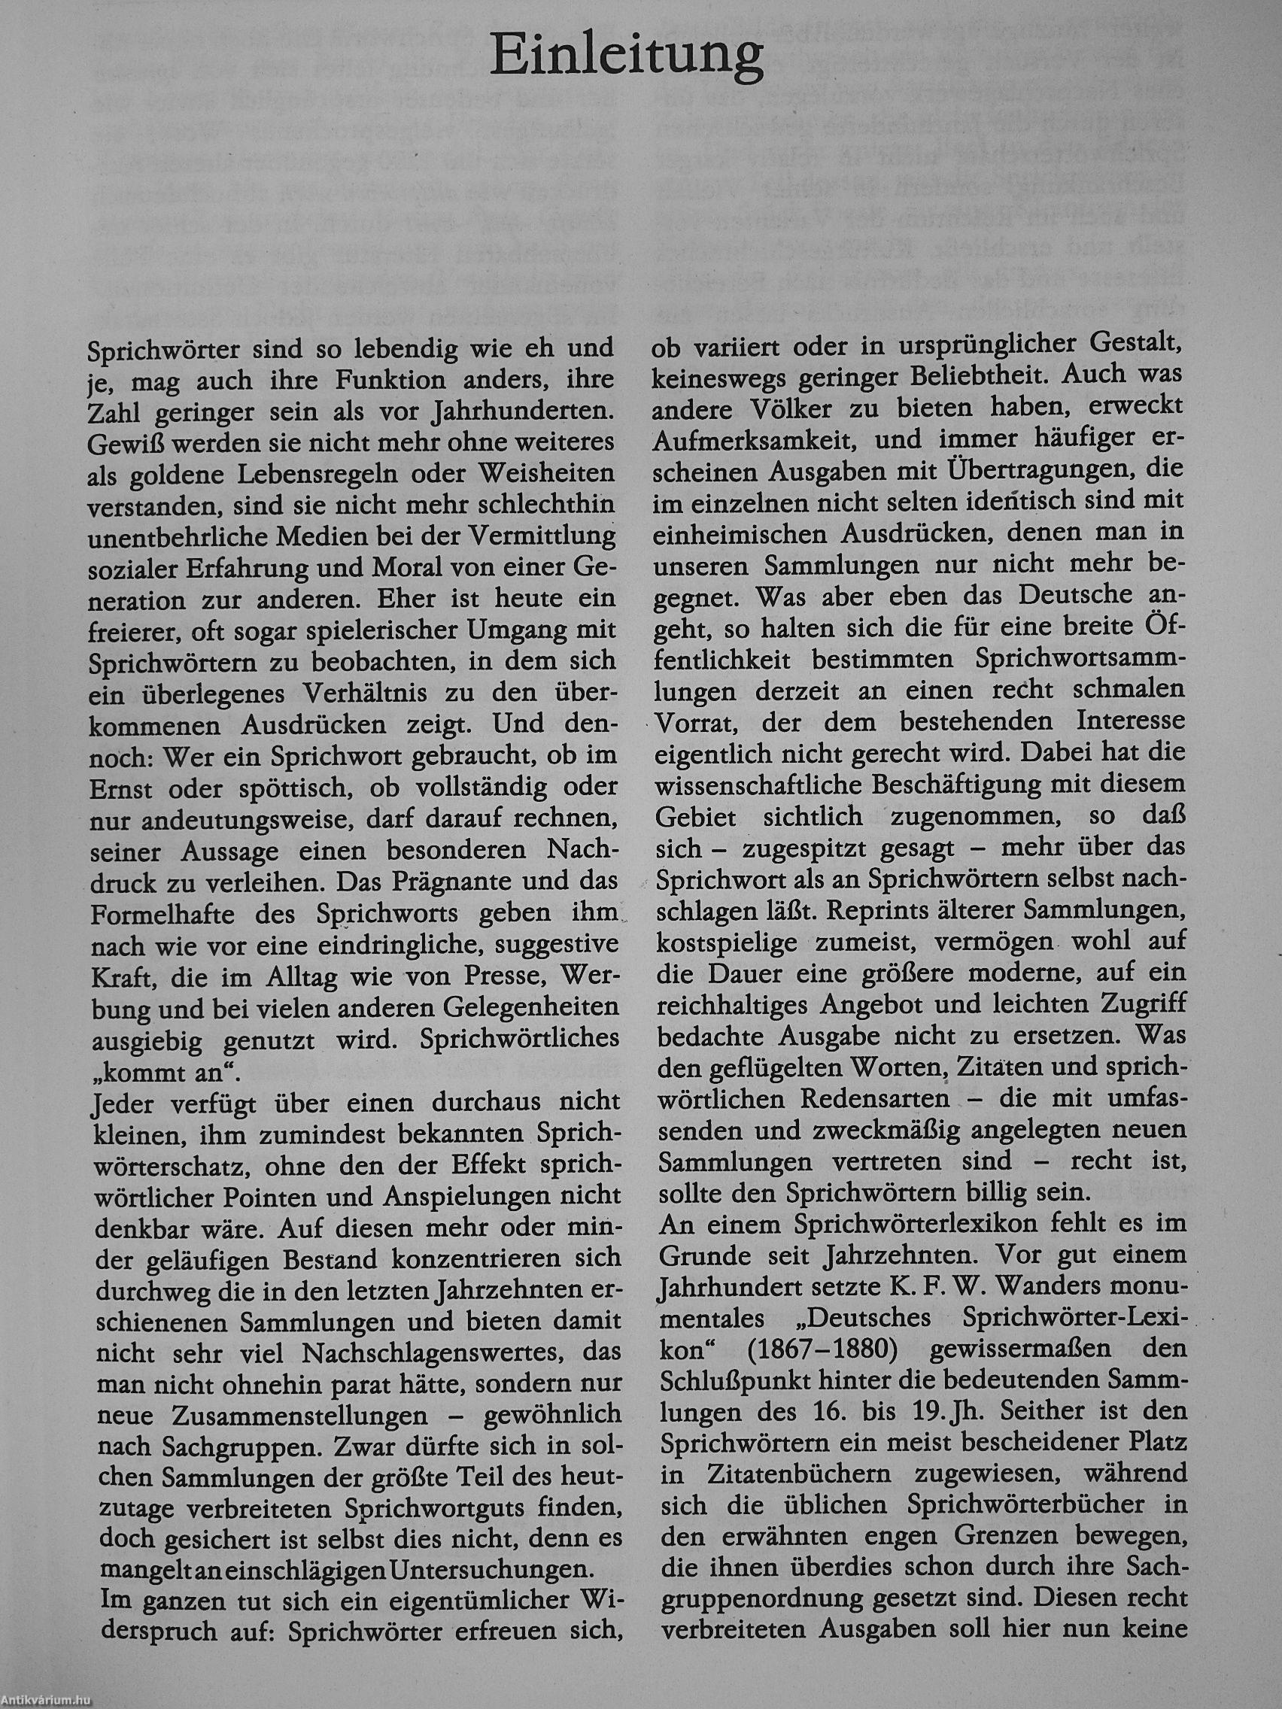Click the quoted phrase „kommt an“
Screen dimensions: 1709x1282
[x=156, y=1071]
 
